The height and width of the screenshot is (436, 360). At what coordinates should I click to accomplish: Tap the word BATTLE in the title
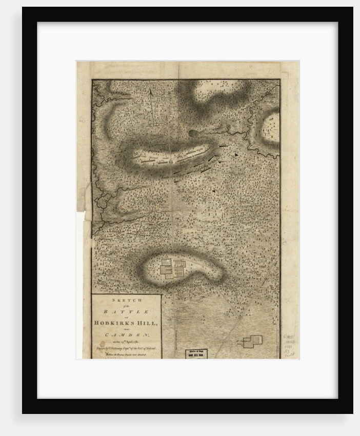(x=126, y=311)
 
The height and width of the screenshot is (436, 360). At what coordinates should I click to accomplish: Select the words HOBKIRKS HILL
(x=126, y=323)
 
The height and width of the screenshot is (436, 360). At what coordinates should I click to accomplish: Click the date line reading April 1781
(x=126, y=341)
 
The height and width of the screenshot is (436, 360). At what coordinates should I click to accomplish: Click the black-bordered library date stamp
(x=196, y=354)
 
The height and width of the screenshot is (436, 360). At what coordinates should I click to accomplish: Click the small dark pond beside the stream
(x=193, y=133)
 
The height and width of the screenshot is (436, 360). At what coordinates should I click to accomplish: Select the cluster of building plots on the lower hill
(x=173, y=268)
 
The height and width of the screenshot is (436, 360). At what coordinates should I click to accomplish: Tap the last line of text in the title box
(x=126, y=354)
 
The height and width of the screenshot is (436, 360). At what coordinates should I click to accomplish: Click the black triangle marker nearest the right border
(x=236, y=154)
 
